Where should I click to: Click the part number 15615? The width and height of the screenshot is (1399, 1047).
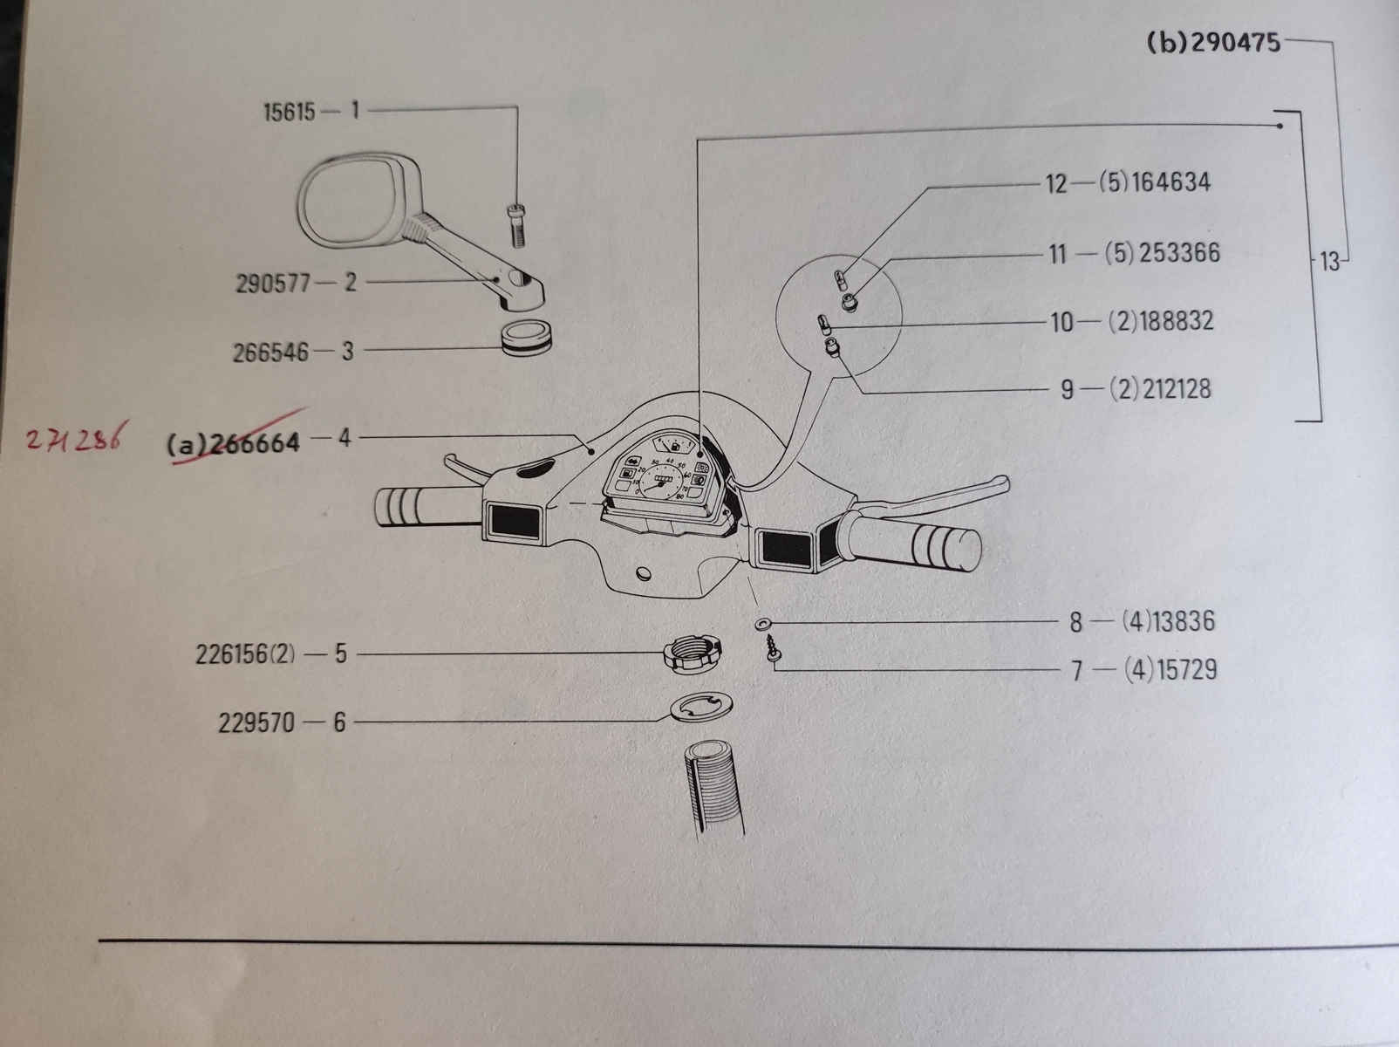point(289,113)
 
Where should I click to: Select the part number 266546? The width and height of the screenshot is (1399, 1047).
point(270,352)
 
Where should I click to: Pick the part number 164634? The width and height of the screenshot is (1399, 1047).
point(1170,183)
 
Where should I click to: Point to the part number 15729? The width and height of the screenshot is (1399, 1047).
point(1184,670)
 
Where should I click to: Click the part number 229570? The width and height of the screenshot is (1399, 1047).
point(256,722)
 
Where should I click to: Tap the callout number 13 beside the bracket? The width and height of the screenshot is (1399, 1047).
point(1329,261)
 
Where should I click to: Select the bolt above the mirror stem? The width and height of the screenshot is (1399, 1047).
point(514,224)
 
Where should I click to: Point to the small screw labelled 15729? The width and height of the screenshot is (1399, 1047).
point(772,648)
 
